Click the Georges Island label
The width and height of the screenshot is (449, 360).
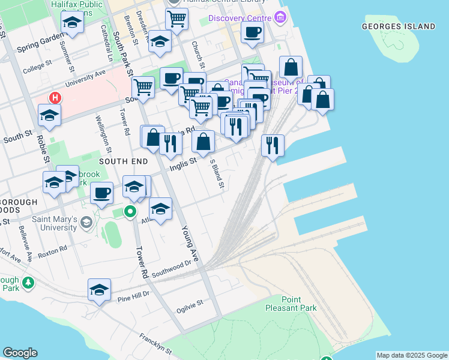tap(399, 26)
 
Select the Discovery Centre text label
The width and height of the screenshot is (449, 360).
tap(236, 17)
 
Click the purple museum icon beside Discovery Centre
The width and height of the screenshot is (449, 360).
tap(280, 18)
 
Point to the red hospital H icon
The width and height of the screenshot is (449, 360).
tap(55, 97)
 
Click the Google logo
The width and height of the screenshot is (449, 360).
tap(20, 353)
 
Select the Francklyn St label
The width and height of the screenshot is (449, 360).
tap(156, 343)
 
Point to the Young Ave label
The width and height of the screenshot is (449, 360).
tap(189, 244)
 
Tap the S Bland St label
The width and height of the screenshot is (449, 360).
tap(216, 173)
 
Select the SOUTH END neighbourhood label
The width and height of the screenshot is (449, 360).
tap(122, 161)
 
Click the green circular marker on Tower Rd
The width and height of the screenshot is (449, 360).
tap(130, 211)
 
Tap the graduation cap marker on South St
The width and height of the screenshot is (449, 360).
tap(50, 115)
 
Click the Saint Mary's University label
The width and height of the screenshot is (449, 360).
tap(47, 223)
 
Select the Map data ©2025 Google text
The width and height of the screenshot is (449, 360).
tap(411, 355)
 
